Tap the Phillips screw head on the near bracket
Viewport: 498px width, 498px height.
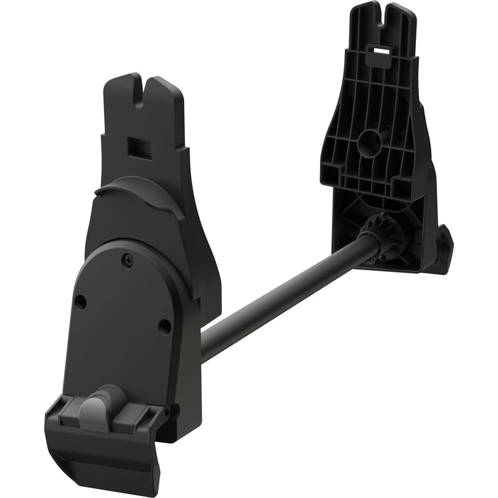(129, 256)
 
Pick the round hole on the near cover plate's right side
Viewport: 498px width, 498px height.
(164, 326)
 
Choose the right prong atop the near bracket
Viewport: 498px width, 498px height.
(163, 93)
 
